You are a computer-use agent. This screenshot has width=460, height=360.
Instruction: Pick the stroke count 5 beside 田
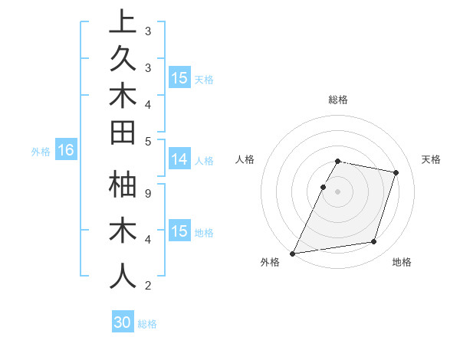[x=148, y=141]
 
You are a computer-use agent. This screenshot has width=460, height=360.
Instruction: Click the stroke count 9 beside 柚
[x=148, y=193]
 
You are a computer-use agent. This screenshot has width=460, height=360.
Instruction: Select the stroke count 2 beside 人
[x=148, y=286]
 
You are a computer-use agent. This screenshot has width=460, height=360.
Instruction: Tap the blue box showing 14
[x=179, y=159]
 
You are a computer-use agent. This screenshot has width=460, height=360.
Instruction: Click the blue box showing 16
[x=66, y=150]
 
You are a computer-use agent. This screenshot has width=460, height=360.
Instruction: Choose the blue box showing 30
[x=123, y=322]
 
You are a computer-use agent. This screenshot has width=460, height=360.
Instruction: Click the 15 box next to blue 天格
[x=179, y=77]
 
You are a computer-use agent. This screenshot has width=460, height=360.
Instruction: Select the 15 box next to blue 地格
[x=179, y=231]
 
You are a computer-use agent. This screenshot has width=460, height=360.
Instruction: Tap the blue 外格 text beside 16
[x=41, y=152]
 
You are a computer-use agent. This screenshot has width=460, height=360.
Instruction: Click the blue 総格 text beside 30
[x=147, y=324]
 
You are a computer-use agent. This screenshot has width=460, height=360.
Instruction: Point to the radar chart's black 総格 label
[x=338, y=100]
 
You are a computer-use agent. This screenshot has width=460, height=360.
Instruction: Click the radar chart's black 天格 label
[x=431, y=159]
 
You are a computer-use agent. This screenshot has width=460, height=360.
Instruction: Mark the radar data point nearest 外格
[x=293, y=253]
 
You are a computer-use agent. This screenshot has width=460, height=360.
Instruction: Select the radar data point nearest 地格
[x=374, y=242]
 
